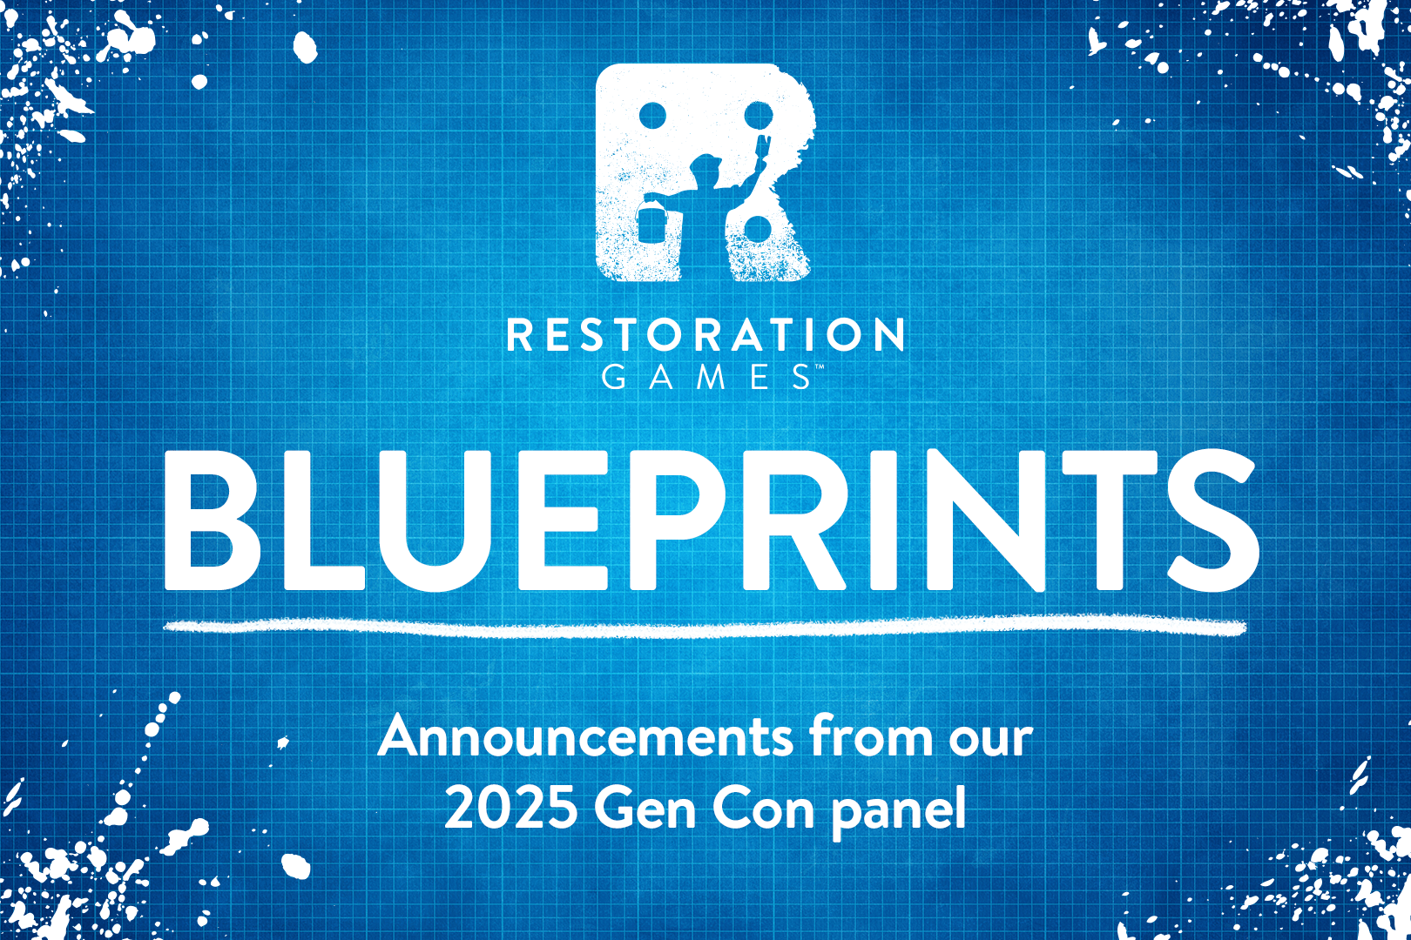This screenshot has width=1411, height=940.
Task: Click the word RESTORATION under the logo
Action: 705,334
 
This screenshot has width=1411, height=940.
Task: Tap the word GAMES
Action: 706,377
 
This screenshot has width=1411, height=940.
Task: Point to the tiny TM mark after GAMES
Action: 820,366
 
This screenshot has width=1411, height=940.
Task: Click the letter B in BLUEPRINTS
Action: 213,520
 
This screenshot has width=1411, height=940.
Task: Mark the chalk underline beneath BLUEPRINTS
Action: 705,627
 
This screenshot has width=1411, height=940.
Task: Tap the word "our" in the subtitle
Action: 991,741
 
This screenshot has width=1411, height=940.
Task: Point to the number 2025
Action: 511,809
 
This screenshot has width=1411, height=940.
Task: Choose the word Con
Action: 764,809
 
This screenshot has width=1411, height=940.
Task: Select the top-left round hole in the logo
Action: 652,115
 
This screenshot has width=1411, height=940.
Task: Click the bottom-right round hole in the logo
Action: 757,229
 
